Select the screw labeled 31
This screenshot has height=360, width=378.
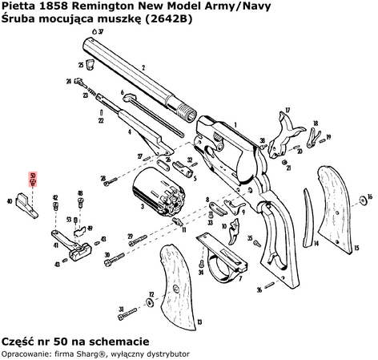click(x=131, y=309)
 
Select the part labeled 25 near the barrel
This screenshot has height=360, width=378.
click(x=90, y=65)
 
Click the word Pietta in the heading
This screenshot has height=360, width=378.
click(x=19, y=7)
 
